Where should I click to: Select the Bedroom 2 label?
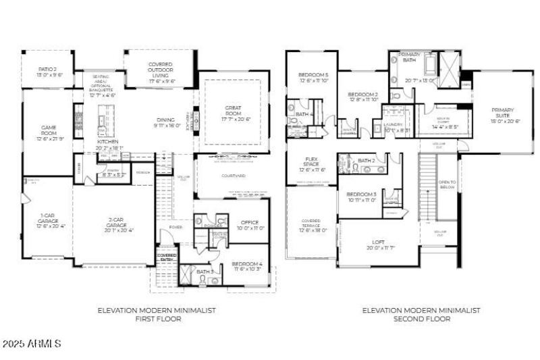tap(362, 97)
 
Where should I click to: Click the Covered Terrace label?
tap(312, 226)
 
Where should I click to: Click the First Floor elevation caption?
tap(157, 315)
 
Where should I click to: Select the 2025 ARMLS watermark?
tap(32, 344)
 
